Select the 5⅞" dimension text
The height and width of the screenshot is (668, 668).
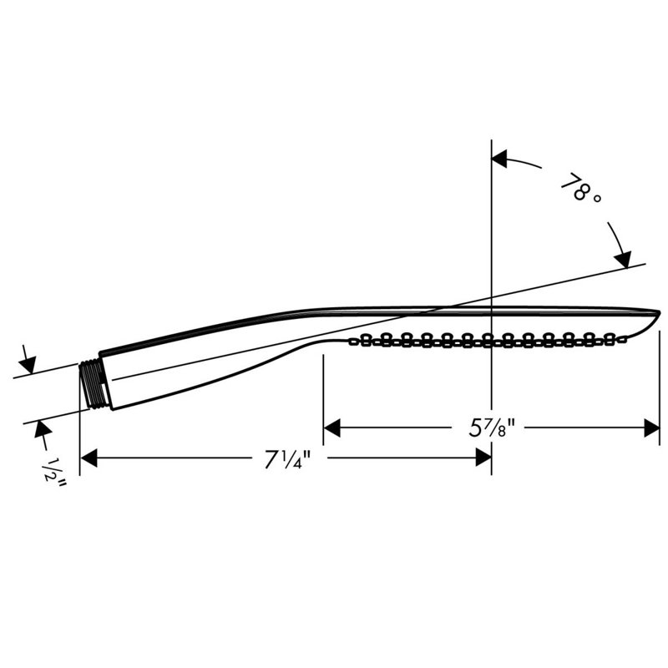coord(492,428)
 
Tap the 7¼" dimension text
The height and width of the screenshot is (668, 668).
coord(288,459)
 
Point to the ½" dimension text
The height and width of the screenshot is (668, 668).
coord(55,473)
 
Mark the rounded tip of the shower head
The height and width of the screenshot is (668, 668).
coord(656,316)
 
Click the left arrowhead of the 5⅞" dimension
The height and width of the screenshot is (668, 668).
coord(332,428)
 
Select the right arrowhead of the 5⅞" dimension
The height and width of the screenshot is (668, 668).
coord(651,428)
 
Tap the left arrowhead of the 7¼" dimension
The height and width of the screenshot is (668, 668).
coord(89,458)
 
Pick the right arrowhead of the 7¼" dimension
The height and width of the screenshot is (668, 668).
coord(483,458)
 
